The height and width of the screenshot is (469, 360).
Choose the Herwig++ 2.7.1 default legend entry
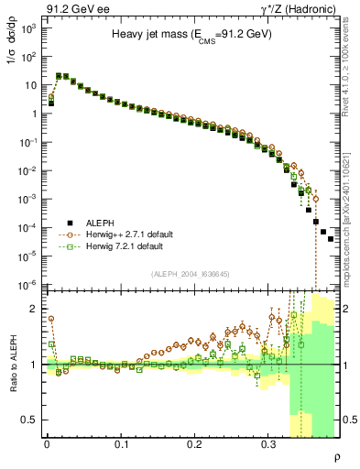point(124,234)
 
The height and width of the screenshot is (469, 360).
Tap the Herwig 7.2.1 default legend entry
point(121,246)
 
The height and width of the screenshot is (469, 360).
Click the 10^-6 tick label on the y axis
point(26,284)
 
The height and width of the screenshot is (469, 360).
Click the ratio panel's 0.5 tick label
point(29,420)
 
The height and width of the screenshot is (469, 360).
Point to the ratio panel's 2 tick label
point(34,309)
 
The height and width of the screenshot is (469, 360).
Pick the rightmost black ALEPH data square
point(331,239)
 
